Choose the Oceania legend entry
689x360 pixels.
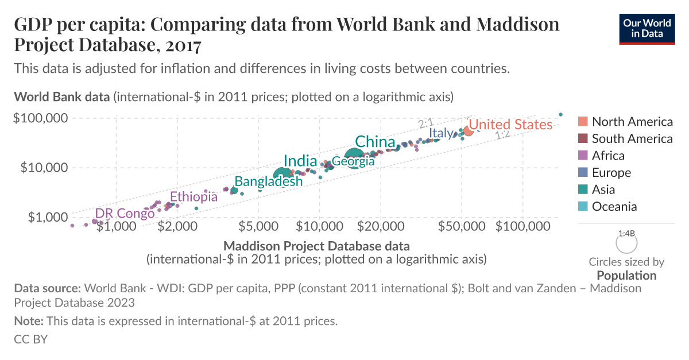[614, 207]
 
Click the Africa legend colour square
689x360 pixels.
[583, 156]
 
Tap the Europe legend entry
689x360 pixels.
[611, 173]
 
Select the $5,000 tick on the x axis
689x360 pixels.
[258, 227]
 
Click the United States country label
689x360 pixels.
[510, 125]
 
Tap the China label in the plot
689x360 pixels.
[375, 142]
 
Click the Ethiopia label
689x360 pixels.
[193, 197]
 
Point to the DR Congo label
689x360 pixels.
[125, 214]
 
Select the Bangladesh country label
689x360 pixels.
[268, 181]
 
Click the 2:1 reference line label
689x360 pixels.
[425, 124]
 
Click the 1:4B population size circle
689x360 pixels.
[626, 243]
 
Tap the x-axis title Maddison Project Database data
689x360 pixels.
[316, 246]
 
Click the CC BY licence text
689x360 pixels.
[30, 339]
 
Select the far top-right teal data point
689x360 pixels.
[560, 114]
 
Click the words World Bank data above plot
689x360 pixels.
[61, 96]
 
